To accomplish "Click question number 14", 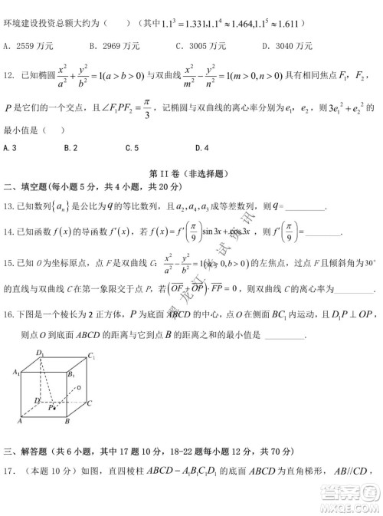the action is coord(10,232).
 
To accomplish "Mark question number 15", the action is coord(10,263).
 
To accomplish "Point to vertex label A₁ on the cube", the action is coord(16,371).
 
